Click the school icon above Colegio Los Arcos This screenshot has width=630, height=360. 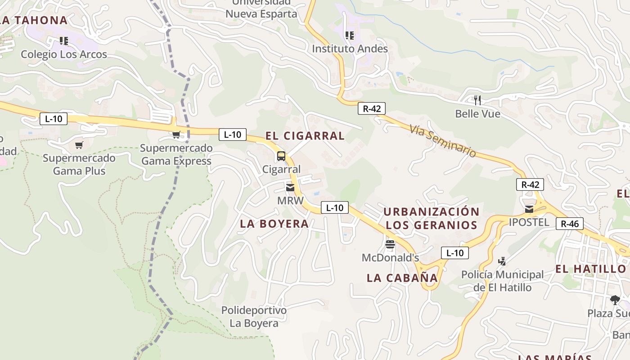pos(64,41)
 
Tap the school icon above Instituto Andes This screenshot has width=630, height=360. pos(349,35)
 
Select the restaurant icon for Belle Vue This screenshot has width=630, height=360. pos(477,100)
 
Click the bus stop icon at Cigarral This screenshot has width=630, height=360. pos(281,156)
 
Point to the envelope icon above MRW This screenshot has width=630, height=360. pos(290,187)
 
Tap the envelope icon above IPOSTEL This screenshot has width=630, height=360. pos(529,209)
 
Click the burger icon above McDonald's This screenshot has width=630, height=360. pos(390,244)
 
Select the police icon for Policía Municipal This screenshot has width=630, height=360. pos(502,261)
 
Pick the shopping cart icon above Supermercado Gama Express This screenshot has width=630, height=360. pos(176,135)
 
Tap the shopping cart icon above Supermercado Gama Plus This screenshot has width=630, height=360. pos(79,145)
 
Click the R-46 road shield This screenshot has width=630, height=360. pos(569,224)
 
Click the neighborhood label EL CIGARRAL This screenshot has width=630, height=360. pos(305,135)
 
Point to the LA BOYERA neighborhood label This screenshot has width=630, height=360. pos(274,223)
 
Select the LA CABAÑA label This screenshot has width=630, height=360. pos(402,278)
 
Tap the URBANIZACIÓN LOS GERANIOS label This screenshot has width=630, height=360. pos(431,218)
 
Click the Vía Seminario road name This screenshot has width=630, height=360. pos(443,141)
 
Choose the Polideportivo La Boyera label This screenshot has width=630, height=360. pos(254,317)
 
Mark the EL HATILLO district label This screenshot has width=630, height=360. pos(590,269)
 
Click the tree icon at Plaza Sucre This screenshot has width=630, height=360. pos(615,300)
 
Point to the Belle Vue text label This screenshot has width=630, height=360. pos(477,114)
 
